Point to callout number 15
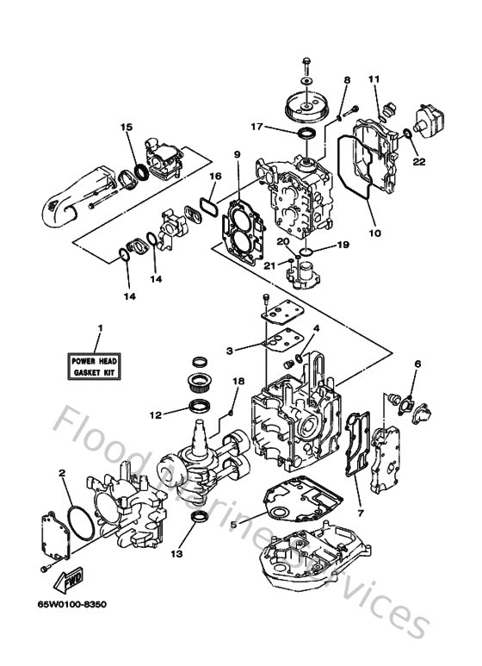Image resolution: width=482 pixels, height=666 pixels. (x=127, y=127)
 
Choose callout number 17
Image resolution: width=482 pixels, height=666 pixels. (x=256, y=126)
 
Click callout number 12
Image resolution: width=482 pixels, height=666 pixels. (x=156, y=415)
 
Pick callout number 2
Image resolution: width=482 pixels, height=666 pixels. (x=62, y=472)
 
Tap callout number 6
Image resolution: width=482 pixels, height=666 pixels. (x=417, y=364)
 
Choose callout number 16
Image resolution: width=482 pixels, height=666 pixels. (x=215, y=176)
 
